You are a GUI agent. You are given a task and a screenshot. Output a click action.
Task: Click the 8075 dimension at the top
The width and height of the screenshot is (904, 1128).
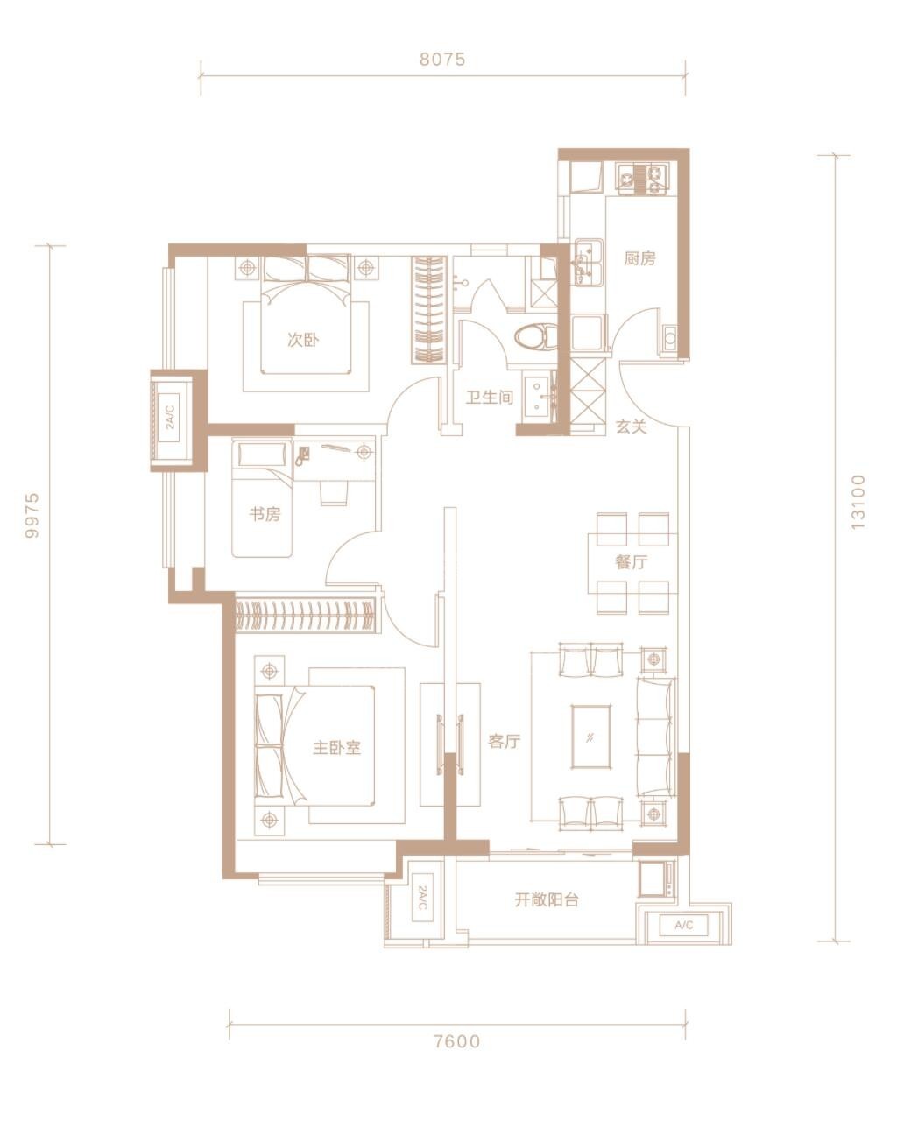click(x=442, y=60)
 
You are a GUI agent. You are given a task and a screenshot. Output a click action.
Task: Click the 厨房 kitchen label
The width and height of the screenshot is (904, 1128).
click(x=639, y=257)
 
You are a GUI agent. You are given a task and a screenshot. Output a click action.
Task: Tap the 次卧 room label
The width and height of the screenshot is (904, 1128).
click(x=303, y=340)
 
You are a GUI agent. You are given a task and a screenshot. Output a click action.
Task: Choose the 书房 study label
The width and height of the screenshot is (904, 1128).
click(x=265, y=514)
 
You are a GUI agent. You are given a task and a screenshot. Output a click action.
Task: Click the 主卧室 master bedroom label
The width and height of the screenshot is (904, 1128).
click(x=337, y=747)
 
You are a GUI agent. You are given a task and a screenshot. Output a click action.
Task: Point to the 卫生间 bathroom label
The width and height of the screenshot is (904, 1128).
click(x=490, y=398)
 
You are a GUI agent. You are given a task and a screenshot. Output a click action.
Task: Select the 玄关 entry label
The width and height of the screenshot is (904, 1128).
click(x=631, y=427)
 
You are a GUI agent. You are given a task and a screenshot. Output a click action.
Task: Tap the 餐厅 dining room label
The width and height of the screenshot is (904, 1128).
click(x=631, y=562)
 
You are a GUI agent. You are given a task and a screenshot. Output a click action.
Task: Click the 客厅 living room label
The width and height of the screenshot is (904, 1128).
click(x=504, y=741)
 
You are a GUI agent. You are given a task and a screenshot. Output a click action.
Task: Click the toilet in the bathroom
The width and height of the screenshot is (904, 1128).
click(x=536, y=335)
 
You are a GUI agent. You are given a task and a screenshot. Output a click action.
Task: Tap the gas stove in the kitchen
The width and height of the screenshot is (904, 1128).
click(x=642, y=178)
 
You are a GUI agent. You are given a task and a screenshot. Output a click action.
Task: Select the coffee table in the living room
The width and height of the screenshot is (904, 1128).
click(x=591, y=737)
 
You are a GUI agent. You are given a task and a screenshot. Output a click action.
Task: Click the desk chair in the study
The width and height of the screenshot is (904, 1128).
click(x=334, y=492)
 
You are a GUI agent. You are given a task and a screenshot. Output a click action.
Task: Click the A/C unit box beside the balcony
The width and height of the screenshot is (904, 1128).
click(x=683, y=925)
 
